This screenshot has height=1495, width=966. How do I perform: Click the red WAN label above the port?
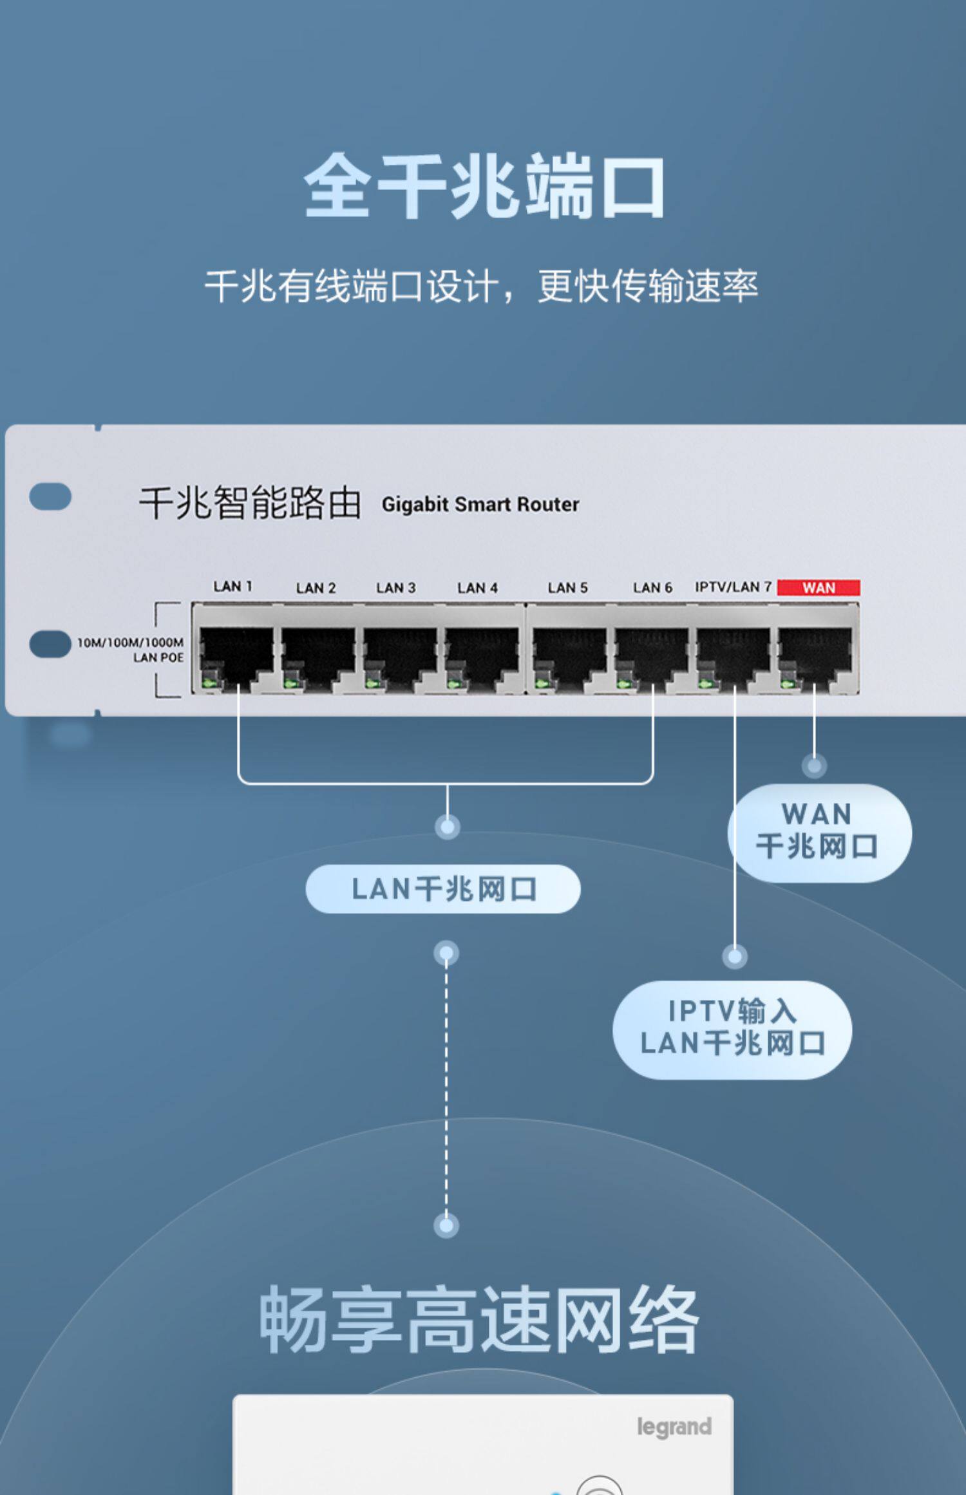click(x=818, y=587)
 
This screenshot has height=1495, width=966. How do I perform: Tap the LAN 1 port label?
click(x=232, y=586)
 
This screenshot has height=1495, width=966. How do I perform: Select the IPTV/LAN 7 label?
click(x=733, y=587)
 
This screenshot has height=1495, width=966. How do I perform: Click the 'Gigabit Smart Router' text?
click(x=480, y=504)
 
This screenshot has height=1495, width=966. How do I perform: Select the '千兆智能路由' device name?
click(x=250, y=503)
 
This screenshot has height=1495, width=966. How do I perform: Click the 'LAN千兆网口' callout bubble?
click(x=442, y=889)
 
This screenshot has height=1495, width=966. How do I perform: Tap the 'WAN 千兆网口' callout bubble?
click(x=819, y=832)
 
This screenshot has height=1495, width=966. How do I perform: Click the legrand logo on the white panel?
click(x=674, y=1427)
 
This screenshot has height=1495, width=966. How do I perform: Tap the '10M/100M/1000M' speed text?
click(x=130, y=643)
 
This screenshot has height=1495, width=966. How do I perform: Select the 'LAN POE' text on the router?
click(x=158, y=657)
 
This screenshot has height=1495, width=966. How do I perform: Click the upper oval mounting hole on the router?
click(x=50, y=496)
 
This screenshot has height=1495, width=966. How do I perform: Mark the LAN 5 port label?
click(x=567, y=587)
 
